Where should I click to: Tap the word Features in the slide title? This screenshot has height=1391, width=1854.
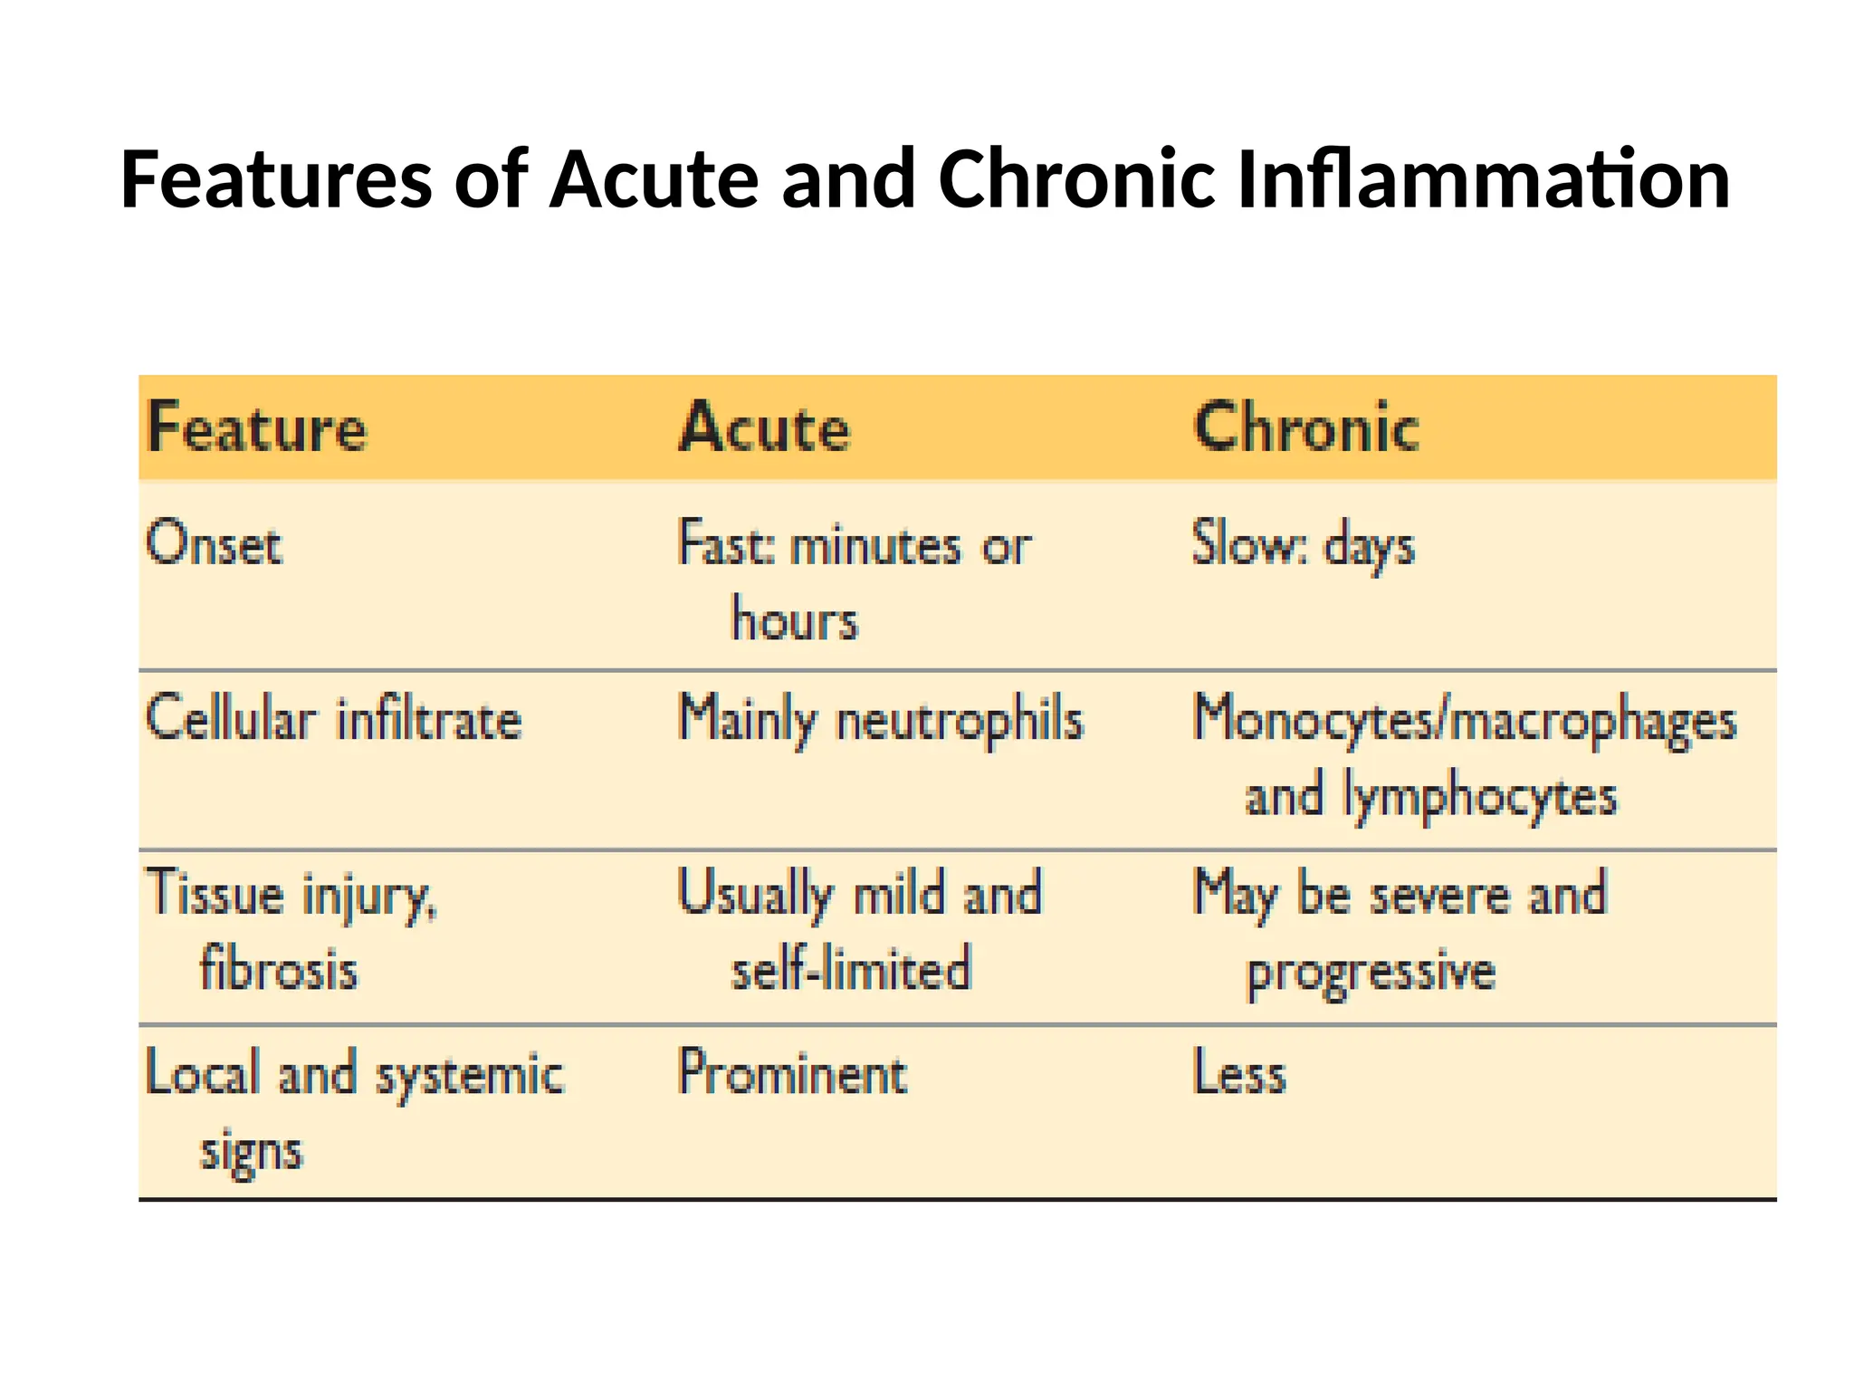coord(276,179)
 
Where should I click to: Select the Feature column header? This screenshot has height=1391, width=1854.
coord(257,427)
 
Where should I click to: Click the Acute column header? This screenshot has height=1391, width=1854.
coord(765,427)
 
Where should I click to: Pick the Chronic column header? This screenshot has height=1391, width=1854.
coord(1306,427)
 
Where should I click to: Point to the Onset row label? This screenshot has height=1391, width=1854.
coord(214,544)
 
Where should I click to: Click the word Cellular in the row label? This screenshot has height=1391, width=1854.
coord(231,720)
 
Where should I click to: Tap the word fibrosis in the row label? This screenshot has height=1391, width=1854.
coord(279,969)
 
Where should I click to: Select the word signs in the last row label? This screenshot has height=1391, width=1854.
coord(251,1153)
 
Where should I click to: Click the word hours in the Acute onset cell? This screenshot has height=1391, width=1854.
coord(794,621)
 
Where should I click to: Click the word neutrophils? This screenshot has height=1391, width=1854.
coord(960,722)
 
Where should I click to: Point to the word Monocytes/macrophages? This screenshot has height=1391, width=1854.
coord(1464,722)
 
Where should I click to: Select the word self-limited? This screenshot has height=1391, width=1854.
coord(851,969)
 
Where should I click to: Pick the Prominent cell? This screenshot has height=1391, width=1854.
coord(792,1074)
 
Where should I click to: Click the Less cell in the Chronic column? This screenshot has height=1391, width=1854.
coord(1239,1074)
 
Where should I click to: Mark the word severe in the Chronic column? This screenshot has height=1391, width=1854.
coord(1439,895)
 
